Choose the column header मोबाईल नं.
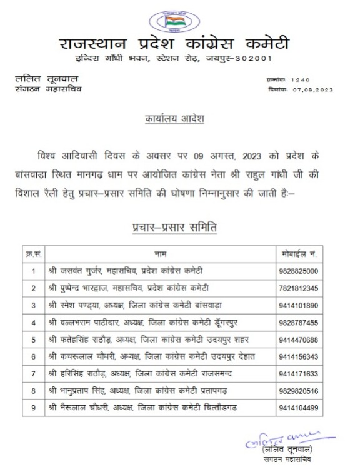[x=299, y=255]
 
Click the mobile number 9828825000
[x=299, y=271]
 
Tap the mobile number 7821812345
[x=299, y=288]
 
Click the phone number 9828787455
[x=299, y=322]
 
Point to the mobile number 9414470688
[x=299, y=340]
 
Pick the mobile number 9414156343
[x=299, y=356]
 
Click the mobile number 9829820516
[x=299, y=391]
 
